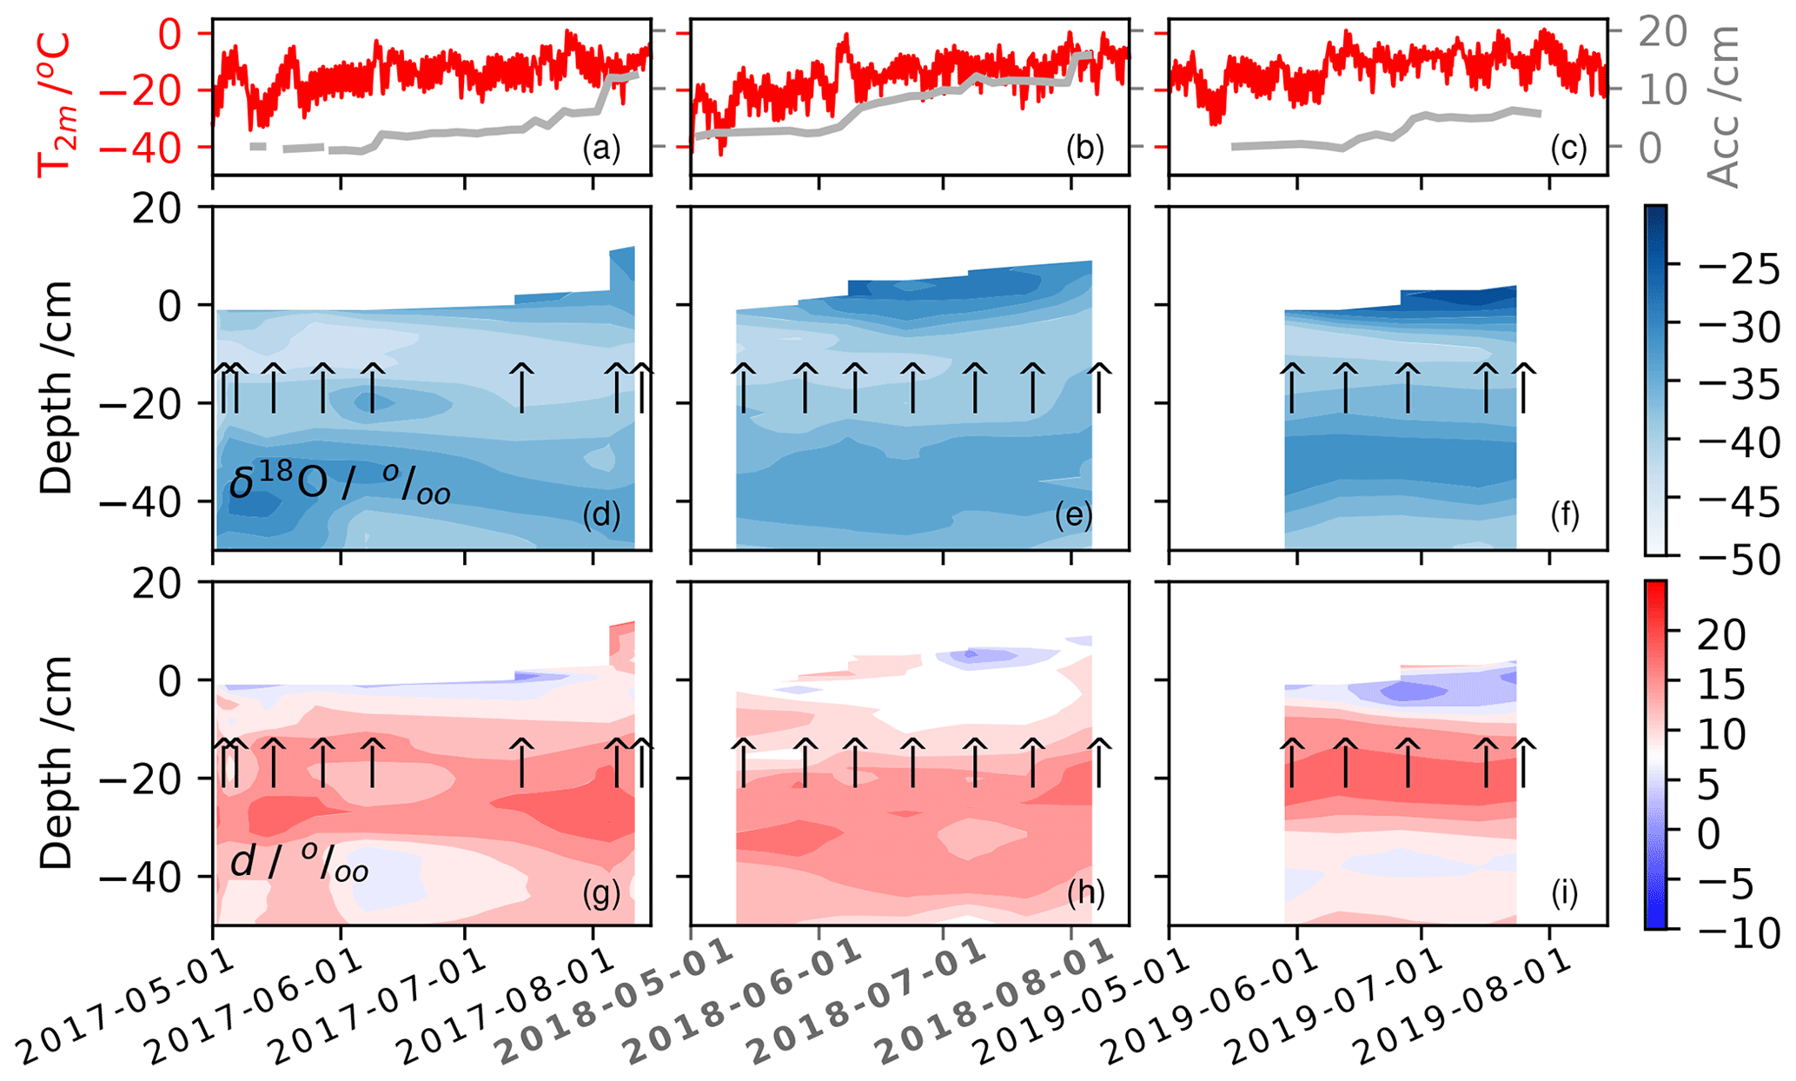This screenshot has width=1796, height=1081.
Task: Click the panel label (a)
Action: [601, 149]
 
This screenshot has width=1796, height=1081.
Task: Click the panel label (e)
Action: [1073, 515]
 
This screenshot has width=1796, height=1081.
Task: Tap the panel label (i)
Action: [1565, 893]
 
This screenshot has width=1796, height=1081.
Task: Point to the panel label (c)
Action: [1568, 149]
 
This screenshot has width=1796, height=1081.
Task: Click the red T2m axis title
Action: [55, 104]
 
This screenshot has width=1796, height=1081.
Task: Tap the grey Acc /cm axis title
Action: [1722, 104]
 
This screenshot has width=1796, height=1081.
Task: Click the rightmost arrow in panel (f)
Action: [1523, 388]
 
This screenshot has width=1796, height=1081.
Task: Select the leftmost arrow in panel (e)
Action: [744, 388]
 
